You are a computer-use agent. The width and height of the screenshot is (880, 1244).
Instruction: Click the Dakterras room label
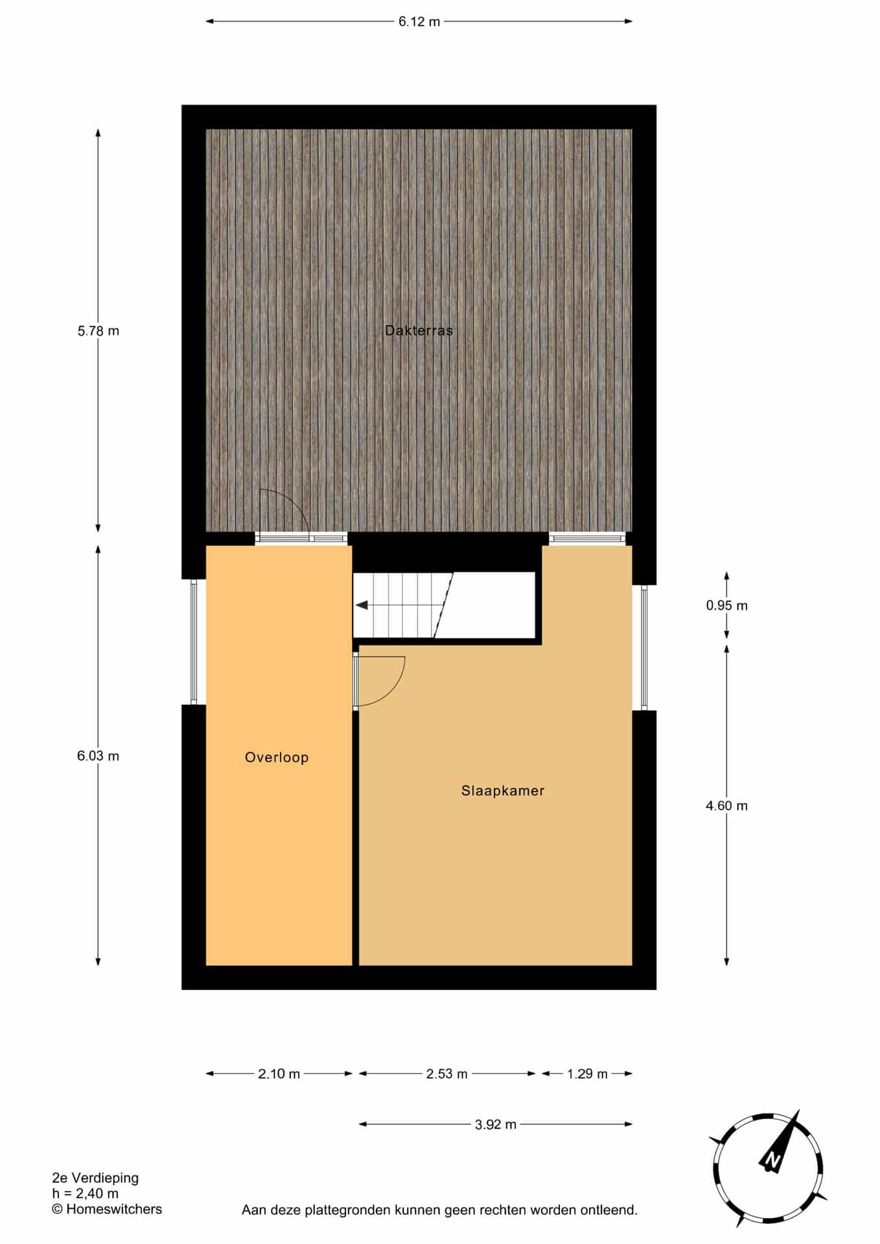coord(419,330)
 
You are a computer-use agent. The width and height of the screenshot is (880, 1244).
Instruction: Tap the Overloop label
coord(277,757)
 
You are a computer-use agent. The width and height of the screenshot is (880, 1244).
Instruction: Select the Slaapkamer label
coord(503,790)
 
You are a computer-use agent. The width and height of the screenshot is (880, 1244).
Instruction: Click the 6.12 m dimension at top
coord(419,21)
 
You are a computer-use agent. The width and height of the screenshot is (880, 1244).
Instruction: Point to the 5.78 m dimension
coord(98,331)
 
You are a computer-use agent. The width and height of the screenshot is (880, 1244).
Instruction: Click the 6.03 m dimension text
coord(98,756)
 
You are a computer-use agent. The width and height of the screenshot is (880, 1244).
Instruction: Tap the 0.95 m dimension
coord(726,606)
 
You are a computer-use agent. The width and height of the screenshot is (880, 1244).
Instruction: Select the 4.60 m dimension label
coord(726,806)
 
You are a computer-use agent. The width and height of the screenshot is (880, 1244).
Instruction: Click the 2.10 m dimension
coord(279,1074)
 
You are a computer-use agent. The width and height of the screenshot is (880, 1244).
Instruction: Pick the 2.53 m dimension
coord(447,1074)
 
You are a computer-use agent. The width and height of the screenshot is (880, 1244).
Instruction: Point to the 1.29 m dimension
coord(588,1074)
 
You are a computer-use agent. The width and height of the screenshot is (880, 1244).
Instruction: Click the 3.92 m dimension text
coord(496,1125)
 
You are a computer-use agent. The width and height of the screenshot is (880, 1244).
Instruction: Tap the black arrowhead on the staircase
coord(362,605)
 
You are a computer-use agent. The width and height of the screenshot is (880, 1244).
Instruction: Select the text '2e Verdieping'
coord(95,1178)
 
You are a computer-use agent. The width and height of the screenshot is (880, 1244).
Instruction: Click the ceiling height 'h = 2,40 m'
coord(86,1193)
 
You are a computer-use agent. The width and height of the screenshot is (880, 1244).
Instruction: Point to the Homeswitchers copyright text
coord(108,1209)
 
